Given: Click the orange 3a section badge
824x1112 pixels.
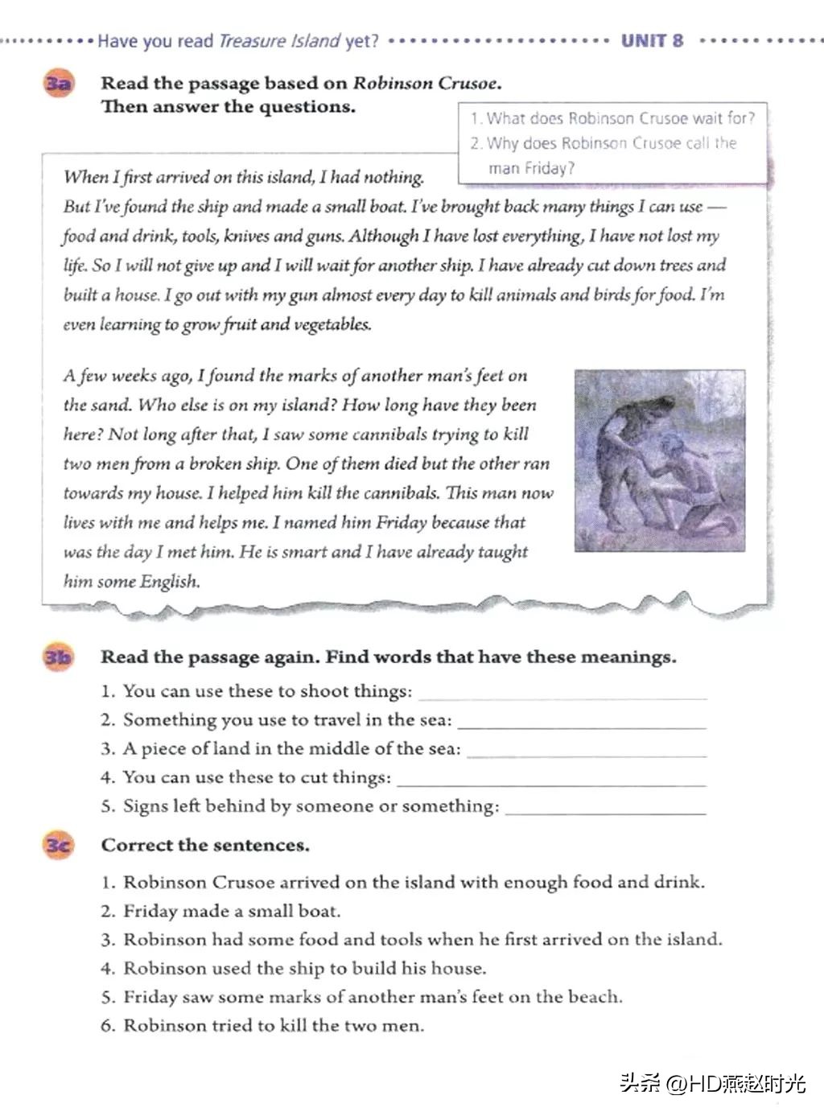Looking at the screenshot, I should tap(57, 84).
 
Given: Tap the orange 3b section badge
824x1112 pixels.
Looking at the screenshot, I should tap(57, 657).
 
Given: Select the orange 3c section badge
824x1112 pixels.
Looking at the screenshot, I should tap(57, 846).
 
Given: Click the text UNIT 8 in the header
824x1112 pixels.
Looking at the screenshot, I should tap(652, 40).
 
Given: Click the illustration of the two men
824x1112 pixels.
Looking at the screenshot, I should tap(659, 460).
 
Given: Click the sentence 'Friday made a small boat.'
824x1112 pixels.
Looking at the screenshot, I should tap(231, 912).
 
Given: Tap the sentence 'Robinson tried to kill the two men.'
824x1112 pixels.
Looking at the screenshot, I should tap(273, 1026).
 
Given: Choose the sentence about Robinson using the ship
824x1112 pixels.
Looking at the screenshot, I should tap(304, 969).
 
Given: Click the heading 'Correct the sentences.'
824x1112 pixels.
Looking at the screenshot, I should tap(205, 846).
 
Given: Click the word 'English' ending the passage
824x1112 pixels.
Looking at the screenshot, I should tap(169, 582).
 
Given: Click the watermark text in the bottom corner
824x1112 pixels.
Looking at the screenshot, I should tap(712, 1083).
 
